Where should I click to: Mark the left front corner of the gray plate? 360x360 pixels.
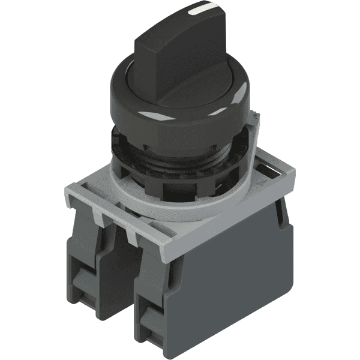coord(66,195)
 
